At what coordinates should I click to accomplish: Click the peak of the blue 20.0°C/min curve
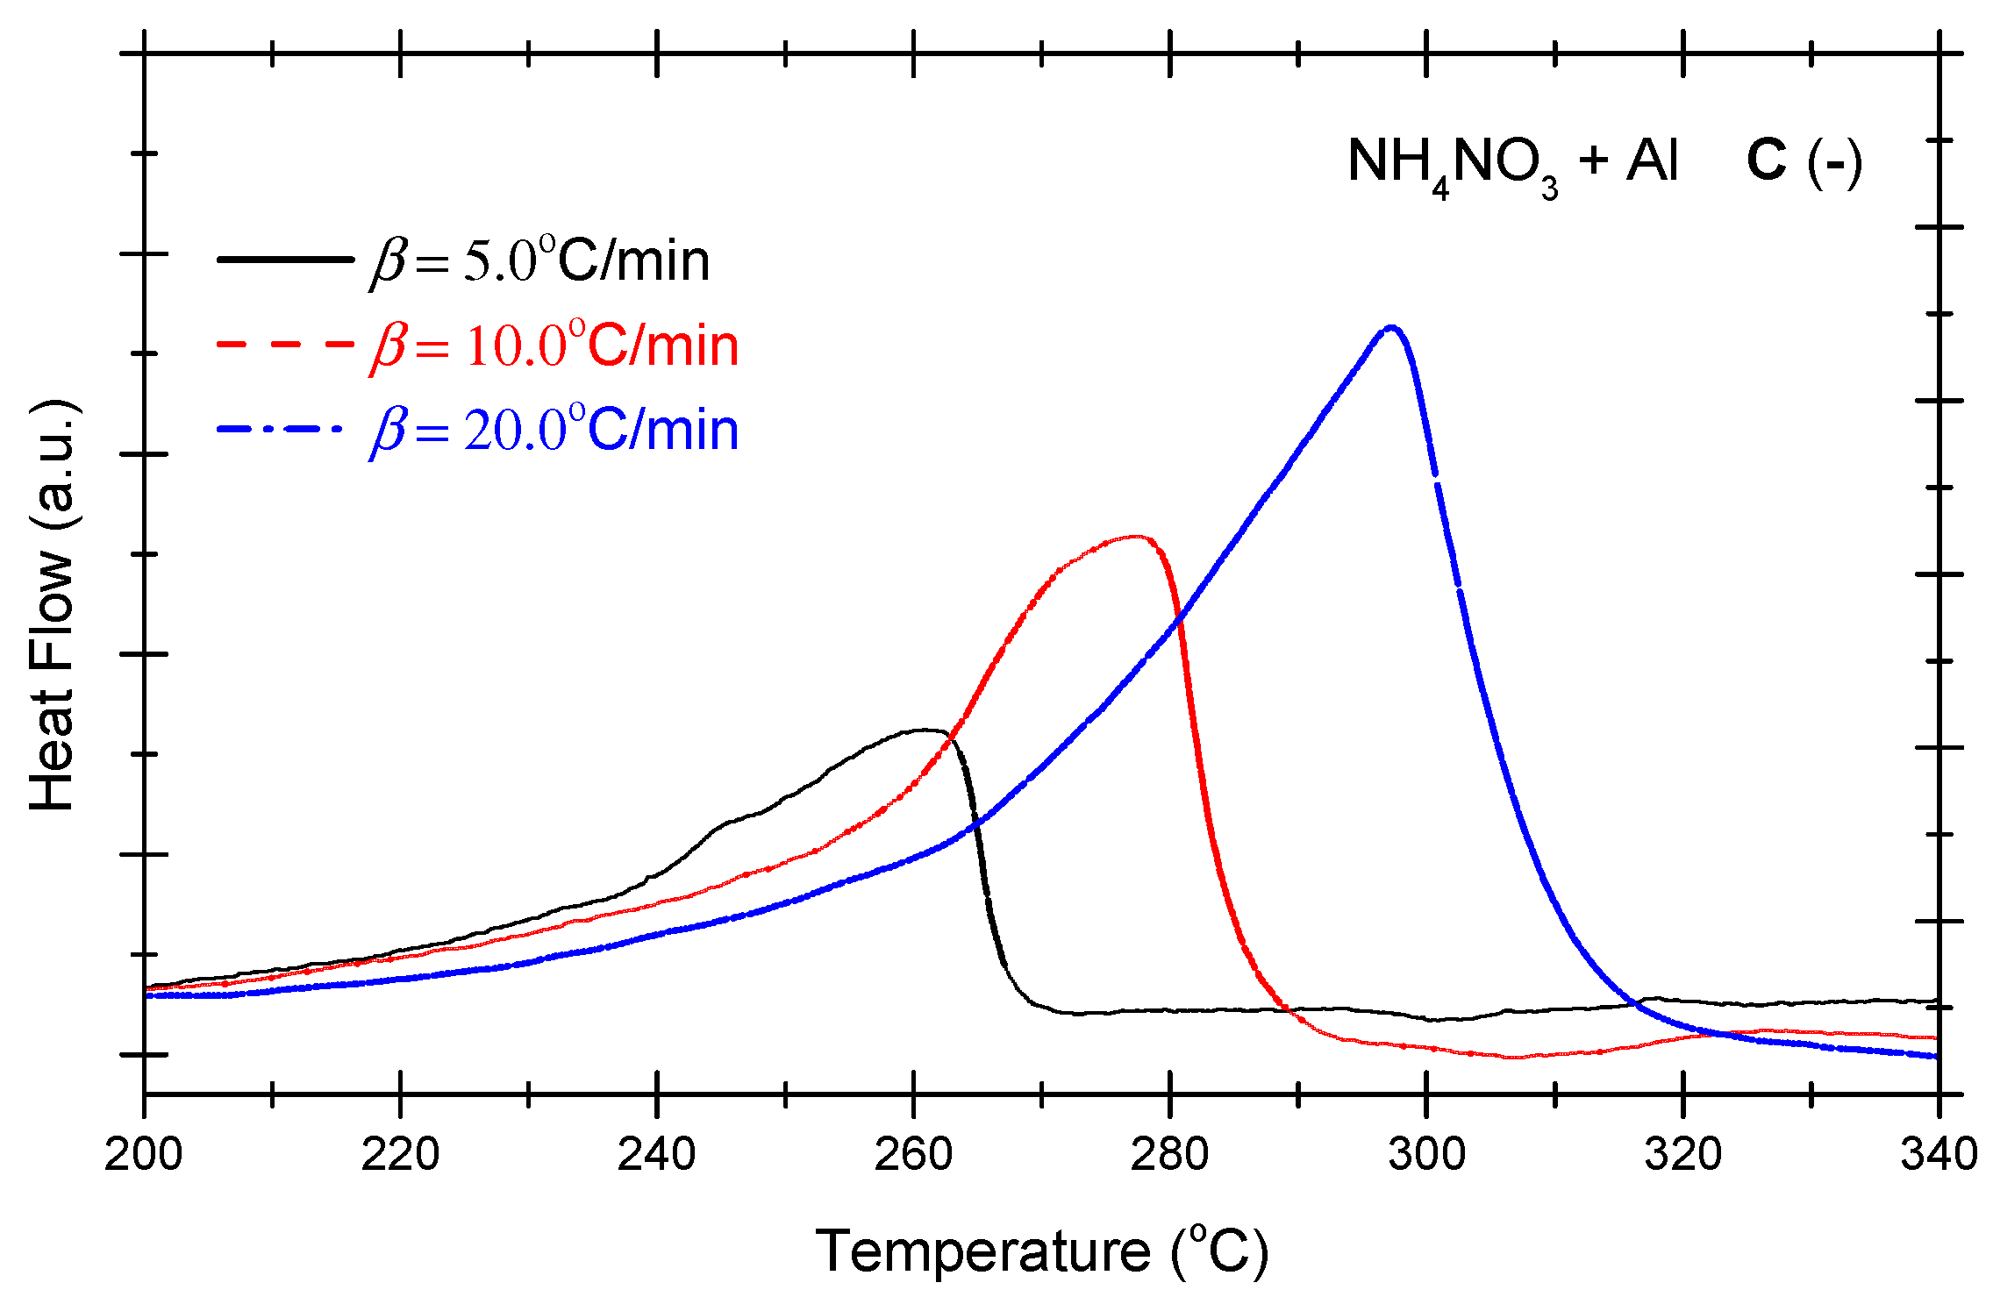[1391, 328]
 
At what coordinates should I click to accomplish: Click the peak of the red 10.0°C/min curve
[1137, 537]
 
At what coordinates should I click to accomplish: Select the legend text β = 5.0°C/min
[540, 260]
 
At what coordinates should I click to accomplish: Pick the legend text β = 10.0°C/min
[554, 345]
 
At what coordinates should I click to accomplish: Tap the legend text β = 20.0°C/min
[554, 430]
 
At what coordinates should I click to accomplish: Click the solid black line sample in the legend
[284, 259]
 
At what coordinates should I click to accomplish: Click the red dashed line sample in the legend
[284, 344]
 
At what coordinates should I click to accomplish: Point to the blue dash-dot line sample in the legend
[279, 429]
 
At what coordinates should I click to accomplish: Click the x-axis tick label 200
[143, 1154]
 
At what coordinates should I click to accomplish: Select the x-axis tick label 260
[913, 1154]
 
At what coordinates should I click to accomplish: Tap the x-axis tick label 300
[1426, 1154]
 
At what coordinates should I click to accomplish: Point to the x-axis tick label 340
[1939, 1154]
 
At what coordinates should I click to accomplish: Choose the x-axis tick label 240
[656, 1154]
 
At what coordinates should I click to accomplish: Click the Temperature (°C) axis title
[1041, 1251]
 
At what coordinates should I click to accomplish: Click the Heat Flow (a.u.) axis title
[53, 605]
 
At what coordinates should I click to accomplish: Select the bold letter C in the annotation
[1766, 160]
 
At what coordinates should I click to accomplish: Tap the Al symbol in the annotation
[1652, 160]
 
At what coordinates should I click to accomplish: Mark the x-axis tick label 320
[1682, 1154]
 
